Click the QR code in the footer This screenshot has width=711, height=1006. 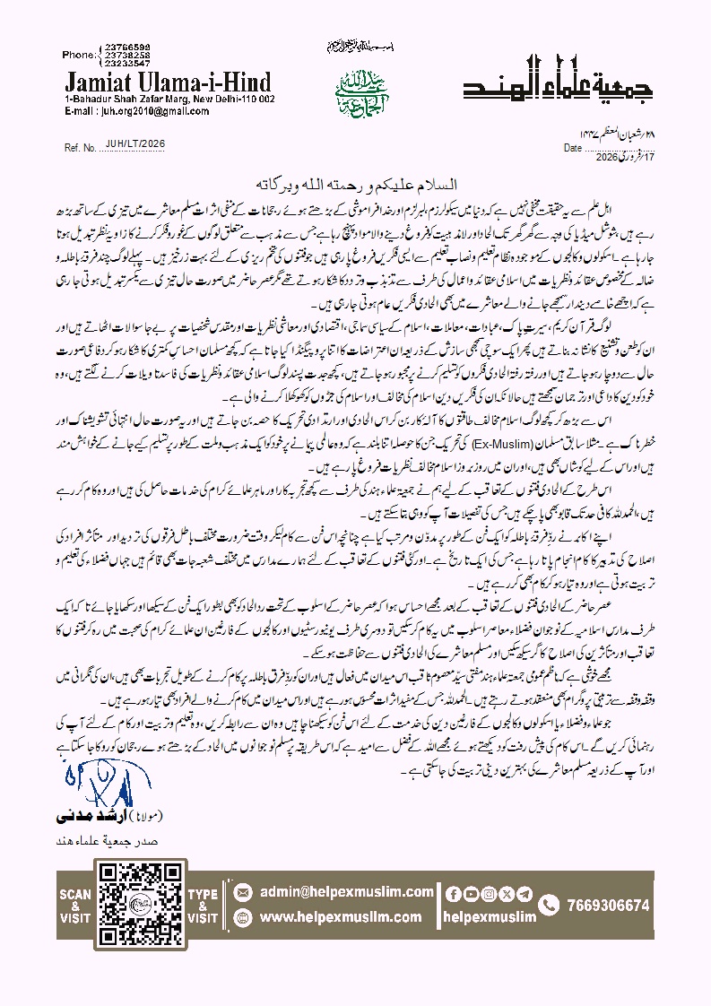[x=131, y=906]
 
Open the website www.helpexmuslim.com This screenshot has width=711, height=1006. [x=341, y=917]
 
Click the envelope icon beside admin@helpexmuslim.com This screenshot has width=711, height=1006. [x=242, y=894]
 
